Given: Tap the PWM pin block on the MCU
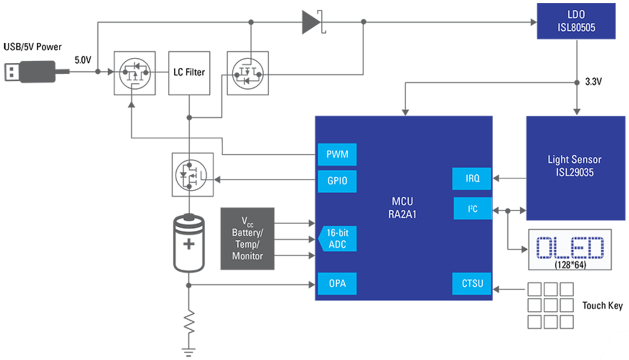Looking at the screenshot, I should (x=337, y=154).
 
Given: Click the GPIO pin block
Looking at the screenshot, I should (x=337, y=182).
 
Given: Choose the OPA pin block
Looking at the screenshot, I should (x=337, y=283).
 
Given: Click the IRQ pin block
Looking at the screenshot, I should (x=472, y=179).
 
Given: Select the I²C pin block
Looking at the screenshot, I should (x=472, y=209).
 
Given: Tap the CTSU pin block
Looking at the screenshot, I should (x=472, y=283).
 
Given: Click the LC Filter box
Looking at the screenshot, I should (x=189, y=72).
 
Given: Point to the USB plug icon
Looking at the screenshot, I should (x=29, y=71).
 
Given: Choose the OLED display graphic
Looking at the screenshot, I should (x=570, y=250).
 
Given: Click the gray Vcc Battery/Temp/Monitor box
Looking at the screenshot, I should (x=248, y=238).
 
